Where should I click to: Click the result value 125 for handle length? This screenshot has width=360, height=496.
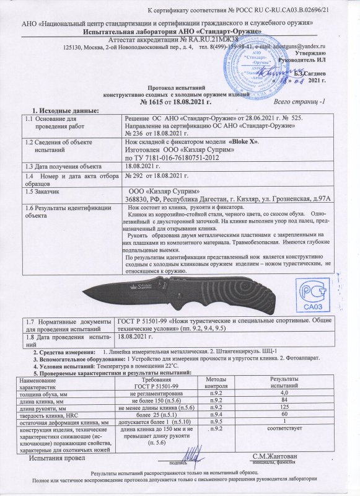(x=285, y=408)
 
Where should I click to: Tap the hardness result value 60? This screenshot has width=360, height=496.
(x=285, y=415)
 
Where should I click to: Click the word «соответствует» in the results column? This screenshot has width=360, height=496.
(x=285, y=428)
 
